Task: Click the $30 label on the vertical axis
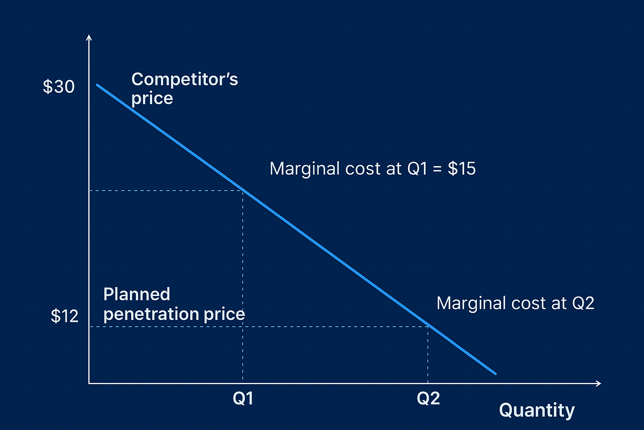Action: pyautogui.click(x=59, y=87)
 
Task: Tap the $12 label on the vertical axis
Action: pyautogui.click(x=65, y=316)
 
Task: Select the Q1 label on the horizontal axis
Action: pyautogui.click(x=243, y=398)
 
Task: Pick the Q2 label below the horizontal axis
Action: pyautogui.click(x=428, y=398)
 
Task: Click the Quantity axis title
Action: pyautogui.click(x=537, y=410)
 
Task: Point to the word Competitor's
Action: pyautogui.click(x=184, y=79)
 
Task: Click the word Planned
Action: pyautogui.click(x=137, y=294)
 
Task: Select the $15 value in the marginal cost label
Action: pyautogui.click(x=462, y=169)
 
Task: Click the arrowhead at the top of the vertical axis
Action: pyautogui.click(x=88, y=37)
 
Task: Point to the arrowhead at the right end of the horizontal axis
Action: pyautogui.click(x=599, y=383)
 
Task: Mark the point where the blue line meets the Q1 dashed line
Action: pyautogui.click(x=243, y=191)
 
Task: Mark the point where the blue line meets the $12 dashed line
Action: pyautogui.click(x=428, y=326)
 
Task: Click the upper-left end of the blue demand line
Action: pyautogui.click(x=97, y=85)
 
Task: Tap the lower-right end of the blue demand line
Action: pyautogui.click(x=495, y=373)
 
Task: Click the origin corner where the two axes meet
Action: pyautogui.click(x=89, y=383)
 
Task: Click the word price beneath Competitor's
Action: pyautogui.click(x=152, y=99)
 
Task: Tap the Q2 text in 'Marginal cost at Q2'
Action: pyautogui.click(x=583, y=303)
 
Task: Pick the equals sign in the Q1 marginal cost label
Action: pyautogui.click(x=437, y=169)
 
